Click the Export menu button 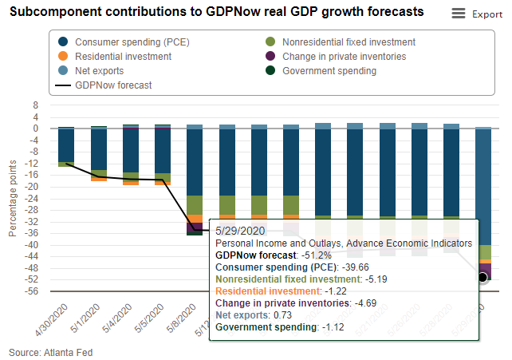click(476, 14)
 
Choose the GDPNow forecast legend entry click(113, 85)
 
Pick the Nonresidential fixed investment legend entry click(352, 42)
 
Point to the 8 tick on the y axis click(36, 105)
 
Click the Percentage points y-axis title click(13, 198)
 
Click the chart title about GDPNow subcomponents click(215, 13)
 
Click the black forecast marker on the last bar click(482, 277)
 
